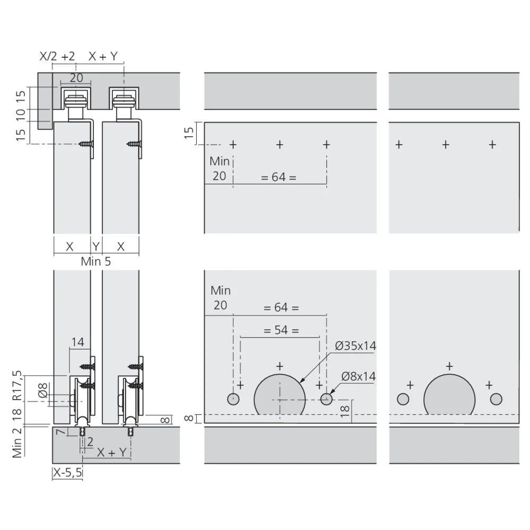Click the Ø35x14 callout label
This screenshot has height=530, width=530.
tap(355, 346)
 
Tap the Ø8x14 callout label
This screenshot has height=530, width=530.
tap(358, 376)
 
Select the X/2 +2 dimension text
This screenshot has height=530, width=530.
tap(57, 56)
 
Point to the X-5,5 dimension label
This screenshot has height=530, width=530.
tap(68, 472)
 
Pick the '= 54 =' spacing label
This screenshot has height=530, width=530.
tap(281, 330)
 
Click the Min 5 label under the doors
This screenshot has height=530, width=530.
tap(95, 261)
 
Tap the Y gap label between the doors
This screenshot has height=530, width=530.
tap(96, 246)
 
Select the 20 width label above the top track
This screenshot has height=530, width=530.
tap(76, 78)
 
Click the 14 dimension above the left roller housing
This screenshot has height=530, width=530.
tap(77, 342)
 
